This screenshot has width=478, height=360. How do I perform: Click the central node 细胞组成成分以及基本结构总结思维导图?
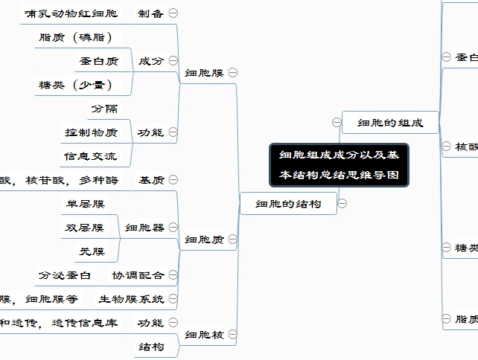[339, 165]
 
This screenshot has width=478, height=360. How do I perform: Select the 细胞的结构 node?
[288, 203]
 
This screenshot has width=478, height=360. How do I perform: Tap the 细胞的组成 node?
[390, 123]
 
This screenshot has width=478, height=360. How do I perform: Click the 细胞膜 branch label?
[204, 73]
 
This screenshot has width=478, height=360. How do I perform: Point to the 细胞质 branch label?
[204, 240]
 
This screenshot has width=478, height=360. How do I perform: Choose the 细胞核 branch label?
[204, 335]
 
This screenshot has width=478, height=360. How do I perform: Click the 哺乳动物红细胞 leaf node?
[71, 13]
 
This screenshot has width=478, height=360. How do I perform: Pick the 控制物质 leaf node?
[90, 132]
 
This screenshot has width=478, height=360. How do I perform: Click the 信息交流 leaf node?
[90, 156]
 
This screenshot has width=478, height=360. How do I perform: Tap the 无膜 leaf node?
[92, 251]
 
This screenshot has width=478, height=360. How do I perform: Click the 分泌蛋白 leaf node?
[65, 275]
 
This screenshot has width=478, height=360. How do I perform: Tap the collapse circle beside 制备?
[173, 13]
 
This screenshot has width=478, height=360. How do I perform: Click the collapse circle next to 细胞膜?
[233, 73]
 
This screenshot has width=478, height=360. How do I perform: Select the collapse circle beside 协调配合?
[173, 275]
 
